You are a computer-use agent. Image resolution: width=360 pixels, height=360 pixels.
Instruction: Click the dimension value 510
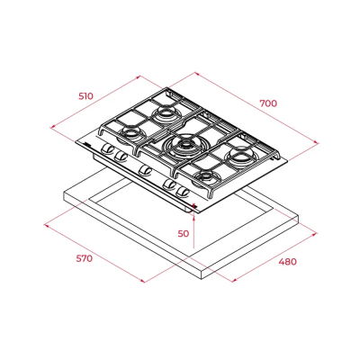pyautogui.click(x=86, y=96)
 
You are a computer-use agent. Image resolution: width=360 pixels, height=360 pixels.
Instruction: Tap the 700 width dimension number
pyautogui.click(x=268, y=103)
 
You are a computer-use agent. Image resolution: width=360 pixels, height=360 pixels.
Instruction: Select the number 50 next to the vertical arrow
pyautogui.click(x=184, y=233)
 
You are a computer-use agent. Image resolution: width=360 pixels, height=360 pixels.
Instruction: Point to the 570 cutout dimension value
pyautogui.click(x=85, y=258)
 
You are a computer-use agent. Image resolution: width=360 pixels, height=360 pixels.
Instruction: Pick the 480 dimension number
pyautogui.click(x=287, y=262)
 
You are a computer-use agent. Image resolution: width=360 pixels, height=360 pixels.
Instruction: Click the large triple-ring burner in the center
pyautogui.click(x=183, y=146)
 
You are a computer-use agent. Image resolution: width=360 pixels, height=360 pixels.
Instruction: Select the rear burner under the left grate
pyautogui.click(x=166, y=113)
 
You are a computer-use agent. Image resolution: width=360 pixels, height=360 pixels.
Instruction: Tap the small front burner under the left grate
pyautogui.click(x=130, y=133)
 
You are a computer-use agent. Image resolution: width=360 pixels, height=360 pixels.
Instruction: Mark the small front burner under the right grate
pyautogui.click(x=206, y=176)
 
